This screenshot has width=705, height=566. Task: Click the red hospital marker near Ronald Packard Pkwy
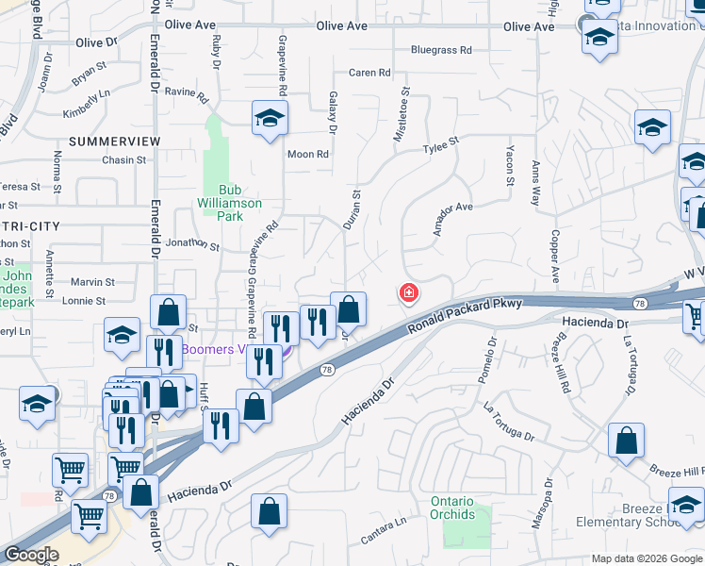pyautogui.click(x=409, y=292)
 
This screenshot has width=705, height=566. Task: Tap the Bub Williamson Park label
pyautogui.click(x=229, y=203)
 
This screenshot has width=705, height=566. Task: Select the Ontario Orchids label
pyautogui.click(x=452, y=508)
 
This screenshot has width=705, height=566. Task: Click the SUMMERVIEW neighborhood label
pyautogui.click(x=115, y=141)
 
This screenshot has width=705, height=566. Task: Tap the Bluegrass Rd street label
pyautogui.click(x=440, y=50)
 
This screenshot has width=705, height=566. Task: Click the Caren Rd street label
pyautogui.click(x=369, y=73)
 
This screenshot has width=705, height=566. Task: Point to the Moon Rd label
pyautogui.click(x=308, y=155)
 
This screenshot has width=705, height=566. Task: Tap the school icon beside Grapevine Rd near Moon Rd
pyautogui.click(x=270, y=119)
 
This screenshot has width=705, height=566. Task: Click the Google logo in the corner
pyautogui.click(x=31, y=555)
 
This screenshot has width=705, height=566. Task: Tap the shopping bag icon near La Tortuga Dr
pyautogui.click(x=626, y=441)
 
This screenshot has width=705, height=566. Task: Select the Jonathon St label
pyautogui.click(x=191, y=244)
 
